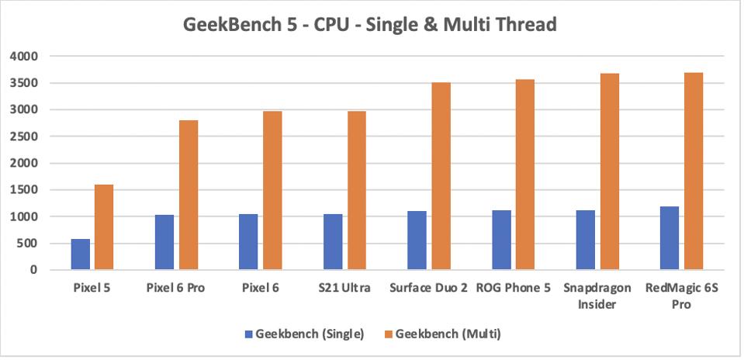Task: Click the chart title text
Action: point(370,25)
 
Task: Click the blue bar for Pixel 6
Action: point(248,242)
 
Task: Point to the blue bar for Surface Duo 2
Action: point(417,241)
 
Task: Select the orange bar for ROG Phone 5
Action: point(525,175)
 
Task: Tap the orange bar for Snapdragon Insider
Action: point(610,171)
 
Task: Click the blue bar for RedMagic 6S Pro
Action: point(670,238)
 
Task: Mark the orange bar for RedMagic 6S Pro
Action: point(694,171)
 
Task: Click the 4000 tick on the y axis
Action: point(23,57)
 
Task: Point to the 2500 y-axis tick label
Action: point(23,137)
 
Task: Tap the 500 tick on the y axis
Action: point(27,244)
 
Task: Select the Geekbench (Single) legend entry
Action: point(305,334)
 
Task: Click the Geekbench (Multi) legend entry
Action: point(445,334)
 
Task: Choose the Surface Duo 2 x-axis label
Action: point(428,289)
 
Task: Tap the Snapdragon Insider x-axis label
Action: point(597,296)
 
